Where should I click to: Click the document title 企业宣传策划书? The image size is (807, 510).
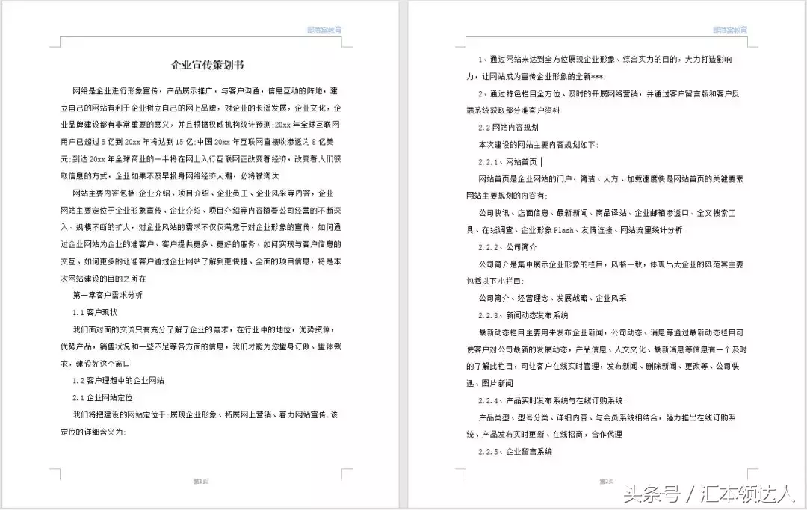tap(202, 64)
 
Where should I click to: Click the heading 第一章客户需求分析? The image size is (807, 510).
tap(108, 295)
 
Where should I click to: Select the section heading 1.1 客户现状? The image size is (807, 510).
tap(95, 312)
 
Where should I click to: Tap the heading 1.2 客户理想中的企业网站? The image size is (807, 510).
tap(119, 381)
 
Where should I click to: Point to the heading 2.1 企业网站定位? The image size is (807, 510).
tap(102, 398)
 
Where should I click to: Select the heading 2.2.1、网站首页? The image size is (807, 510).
tap(507, 161)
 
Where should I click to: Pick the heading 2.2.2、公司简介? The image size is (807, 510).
tap(507, 246)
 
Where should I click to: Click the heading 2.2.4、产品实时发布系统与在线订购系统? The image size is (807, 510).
tap(551, 401)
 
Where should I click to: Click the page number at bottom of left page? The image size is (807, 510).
tap(200, 482)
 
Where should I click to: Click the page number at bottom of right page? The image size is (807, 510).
tap(605, 482)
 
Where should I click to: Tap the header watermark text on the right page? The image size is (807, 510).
tap(729, 30)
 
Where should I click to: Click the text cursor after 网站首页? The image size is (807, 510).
tap(542, 161)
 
